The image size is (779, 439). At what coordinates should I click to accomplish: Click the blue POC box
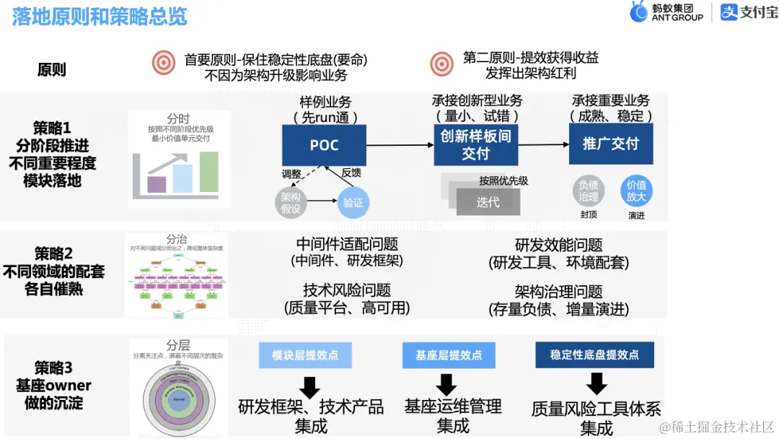click(324, 145)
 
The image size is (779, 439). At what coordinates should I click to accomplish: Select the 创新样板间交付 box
click(475, 144)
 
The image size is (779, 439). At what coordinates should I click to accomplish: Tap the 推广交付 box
click(610, 144)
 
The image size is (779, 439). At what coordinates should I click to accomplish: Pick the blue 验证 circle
click(353, 203)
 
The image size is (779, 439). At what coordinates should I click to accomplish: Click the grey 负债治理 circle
click(589, 191)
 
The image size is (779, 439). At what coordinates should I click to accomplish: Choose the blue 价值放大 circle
click(636, 191)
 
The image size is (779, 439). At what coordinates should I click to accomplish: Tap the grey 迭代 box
click(488, 202)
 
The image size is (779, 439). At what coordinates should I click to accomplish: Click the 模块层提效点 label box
click(305, 355)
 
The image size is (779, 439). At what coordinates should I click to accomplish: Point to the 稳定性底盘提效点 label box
click(594, 355)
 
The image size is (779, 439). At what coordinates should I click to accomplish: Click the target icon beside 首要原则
click(164, 63)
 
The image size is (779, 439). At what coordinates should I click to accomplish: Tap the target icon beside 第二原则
click(441, 64)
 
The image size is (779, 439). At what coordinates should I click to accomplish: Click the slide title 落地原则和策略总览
click(100, 17)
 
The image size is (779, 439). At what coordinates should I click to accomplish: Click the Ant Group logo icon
click(638, 12)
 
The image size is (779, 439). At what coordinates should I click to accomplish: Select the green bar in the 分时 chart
click(209, 173)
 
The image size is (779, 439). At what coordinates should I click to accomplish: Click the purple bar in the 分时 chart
click(157, 184)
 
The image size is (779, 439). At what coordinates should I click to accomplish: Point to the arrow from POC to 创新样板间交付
click(400, 145)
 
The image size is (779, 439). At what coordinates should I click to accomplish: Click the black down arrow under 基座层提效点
click(446, 384)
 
